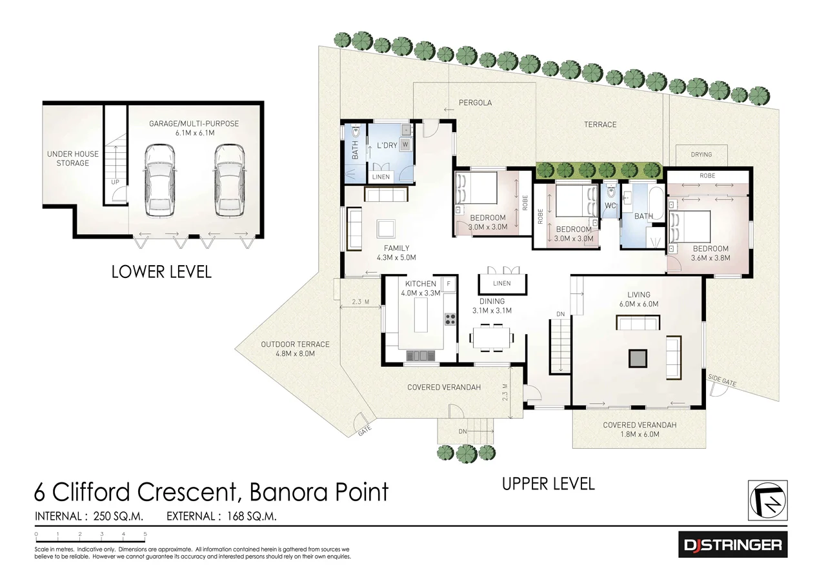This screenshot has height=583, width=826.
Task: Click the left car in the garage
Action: pos(160,180)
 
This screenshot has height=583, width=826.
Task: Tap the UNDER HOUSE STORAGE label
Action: pos(72,159)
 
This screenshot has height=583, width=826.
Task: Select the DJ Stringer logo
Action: pos(732,546)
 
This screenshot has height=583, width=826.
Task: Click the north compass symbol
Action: pos(767,500)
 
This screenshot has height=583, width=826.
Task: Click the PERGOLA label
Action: pos(475,103)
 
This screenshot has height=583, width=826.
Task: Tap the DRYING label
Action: pos(701,155)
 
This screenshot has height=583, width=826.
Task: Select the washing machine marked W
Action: pos(405,144)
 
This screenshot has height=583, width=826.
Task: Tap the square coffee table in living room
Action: pos(638,358)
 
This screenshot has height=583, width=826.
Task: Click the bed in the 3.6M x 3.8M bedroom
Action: pos(690,226)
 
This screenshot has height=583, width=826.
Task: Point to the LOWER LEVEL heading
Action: pos(161,272)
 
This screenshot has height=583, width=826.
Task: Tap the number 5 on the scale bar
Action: pos(145,534)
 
